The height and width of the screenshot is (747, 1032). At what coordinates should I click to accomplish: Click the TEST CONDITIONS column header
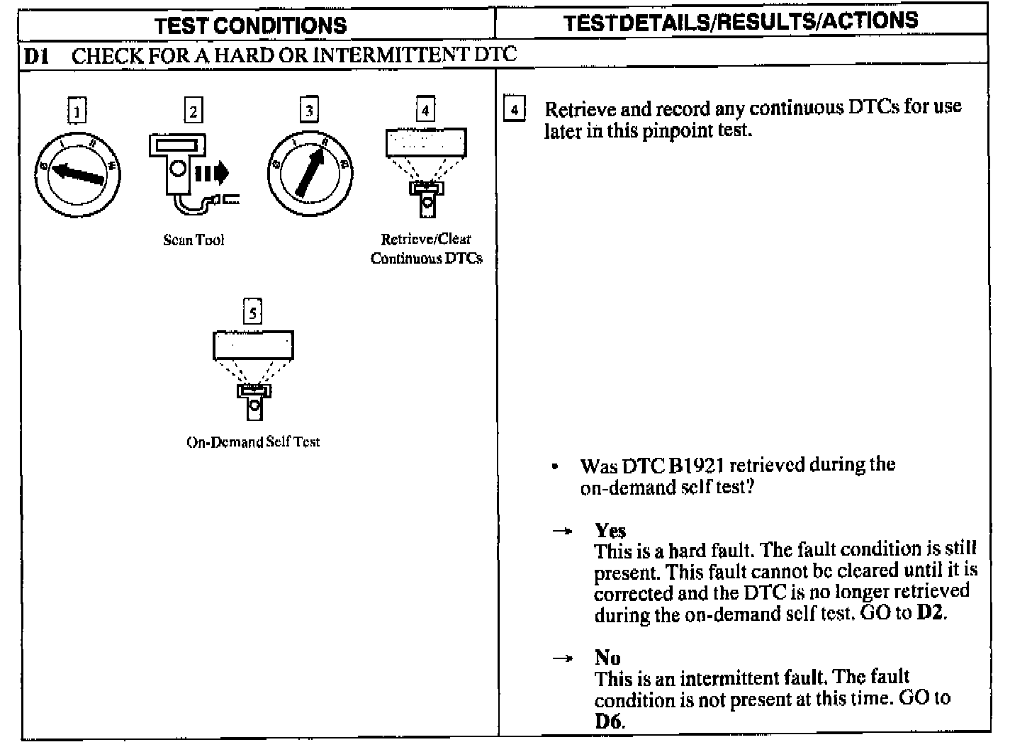[251, 26]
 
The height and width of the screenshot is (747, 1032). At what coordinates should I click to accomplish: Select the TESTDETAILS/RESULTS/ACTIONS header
[740, 22]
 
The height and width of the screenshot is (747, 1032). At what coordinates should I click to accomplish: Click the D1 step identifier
[36, 56]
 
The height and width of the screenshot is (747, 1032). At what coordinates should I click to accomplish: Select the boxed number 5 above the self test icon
[252, 312]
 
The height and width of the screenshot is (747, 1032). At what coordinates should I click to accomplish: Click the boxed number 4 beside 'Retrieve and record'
[514, 110]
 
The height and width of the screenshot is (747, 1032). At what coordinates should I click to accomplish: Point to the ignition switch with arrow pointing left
[77, 174]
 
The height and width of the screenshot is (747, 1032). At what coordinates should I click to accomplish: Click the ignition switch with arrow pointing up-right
[310, 174]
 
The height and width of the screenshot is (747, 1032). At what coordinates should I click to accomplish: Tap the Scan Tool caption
[193, 240]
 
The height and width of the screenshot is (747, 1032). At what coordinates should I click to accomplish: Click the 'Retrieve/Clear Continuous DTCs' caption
[426, 249]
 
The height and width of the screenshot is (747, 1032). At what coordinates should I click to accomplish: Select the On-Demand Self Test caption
[253, 442]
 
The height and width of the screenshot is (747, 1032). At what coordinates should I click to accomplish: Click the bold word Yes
[610, 531]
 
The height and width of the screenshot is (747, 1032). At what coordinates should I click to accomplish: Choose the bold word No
[607, 658]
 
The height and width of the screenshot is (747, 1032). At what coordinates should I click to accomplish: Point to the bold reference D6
[609, 721]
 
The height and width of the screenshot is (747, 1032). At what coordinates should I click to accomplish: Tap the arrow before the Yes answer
[562, 531]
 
